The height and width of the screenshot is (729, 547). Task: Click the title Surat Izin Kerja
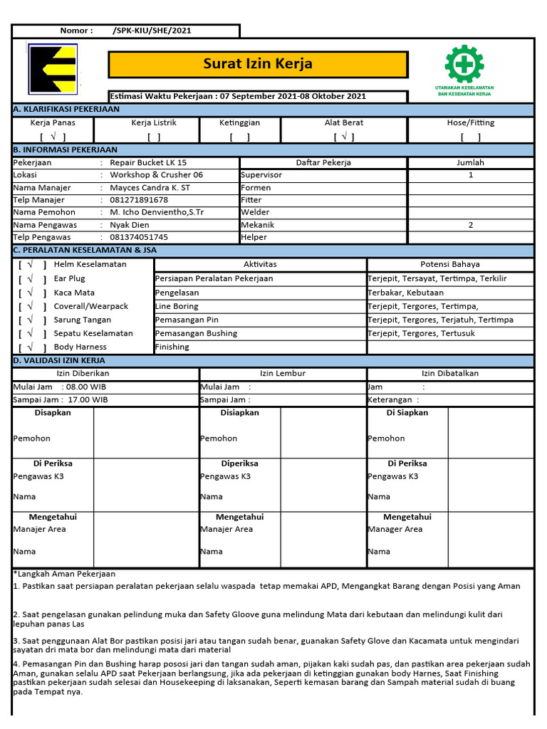[257, 64]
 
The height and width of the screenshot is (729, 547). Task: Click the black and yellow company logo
[53, 69]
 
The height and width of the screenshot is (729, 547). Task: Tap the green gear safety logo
[464, 65]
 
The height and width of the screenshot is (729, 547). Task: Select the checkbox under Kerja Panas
[53, 137]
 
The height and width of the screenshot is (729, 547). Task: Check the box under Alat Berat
[344, 137]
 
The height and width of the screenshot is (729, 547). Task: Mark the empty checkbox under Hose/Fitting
[470, 137]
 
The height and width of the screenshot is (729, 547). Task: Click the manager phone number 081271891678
[139, 200]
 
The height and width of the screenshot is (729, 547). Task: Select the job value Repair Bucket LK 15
[148, 162]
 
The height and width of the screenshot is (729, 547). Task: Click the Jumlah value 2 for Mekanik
[470, 225]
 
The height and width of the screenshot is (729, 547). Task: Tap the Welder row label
[255, 212]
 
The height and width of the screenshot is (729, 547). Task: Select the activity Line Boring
[177, 306]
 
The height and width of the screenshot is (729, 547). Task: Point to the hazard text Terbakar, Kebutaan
[405, 293]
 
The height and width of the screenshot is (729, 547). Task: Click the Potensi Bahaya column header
[450, 264]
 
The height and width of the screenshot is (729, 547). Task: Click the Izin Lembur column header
[283, 373]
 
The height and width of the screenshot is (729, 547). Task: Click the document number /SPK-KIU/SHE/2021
[152, 31]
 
